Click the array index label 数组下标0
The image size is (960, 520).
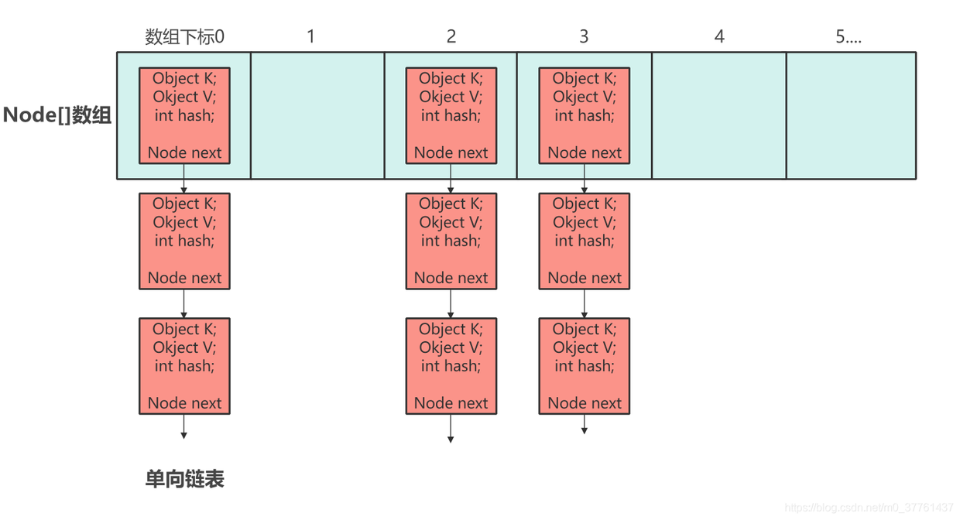[x=184, y=37]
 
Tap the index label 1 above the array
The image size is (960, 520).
[x=311, y=36]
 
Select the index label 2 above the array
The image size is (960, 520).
[x=451, y=36]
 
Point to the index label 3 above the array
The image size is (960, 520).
[x=584, y=36]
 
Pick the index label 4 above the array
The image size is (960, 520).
[x=719, y=36]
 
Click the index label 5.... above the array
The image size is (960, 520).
[x=849, y=36]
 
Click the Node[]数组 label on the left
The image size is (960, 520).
[x=57, y=115]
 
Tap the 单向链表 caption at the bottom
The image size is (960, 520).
[x=185, y=479]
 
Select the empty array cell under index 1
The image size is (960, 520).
[x=317, y=115]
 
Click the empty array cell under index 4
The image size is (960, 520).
[x=719, y=115]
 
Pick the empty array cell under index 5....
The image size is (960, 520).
[x=851, y=115]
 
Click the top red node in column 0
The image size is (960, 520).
[x=184, y=115]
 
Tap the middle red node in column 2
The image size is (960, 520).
[x=451, y=241]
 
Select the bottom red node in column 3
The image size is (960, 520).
[x=585, y=366]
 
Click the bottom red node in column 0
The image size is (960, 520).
[x=184, y=366]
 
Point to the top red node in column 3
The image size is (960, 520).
[x=585, y=115]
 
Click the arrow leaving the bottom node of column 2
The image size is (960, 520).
[x=451, y=429]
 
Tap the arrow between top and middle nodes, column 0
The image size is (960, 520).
[x=183, y=179]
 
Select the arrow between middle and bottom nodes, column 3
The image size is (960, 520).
[x=585, y=303]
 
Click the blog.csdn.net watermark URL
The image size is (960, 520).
[x=869, y=508]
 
